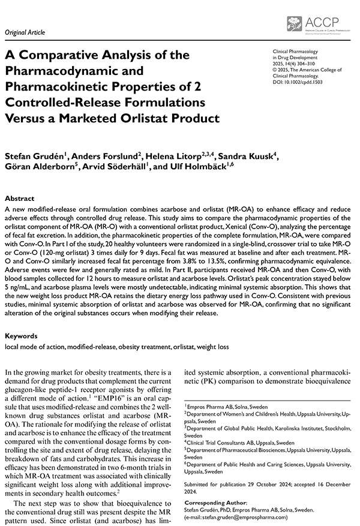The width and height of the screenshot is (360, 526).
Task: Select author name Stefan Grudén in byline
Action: click(x=35, y=157)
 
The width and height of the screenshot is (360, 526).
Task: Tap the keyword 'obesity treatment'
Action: click(x=172, y=347)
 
